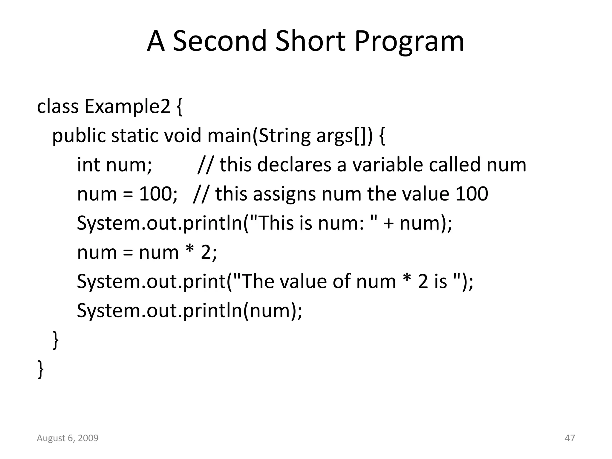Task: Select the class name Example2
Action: [x=127, y=106]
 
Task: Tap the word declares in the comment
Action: [x=294, y=165]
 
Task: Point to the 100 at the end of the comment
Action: [x=472, y=194]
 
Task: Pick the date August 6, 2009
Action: [x=68, y=438]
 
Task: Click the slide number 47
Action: [x=570, y=438]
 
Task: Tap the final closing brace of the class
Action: [x=41, y=369]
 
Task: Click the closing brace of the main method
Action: [x=56, y=340]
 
